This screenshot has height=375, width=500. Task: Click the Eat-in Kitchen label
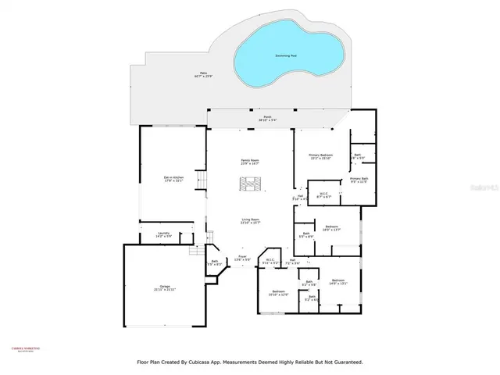173,180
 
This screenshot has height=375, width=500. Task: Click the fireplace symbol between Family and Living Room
250,184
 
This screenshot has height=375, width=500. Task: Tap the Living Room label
250,221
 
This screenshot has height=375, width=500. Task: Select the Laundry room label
164,234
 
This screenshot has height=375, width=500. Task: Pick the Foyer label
243,258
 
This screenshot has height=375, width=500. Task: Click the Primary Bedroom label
320,157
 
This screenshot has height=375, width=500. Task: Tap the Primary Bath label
359,181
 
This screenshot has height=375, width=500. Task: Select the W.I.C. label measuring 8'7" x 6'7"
324,195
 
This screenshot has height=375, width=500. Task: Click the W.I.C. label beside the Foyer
270,262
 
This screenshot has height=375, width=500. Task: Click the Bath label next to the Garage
215,263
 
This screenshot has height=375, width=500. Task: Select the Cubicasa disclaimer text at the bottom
249,362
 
